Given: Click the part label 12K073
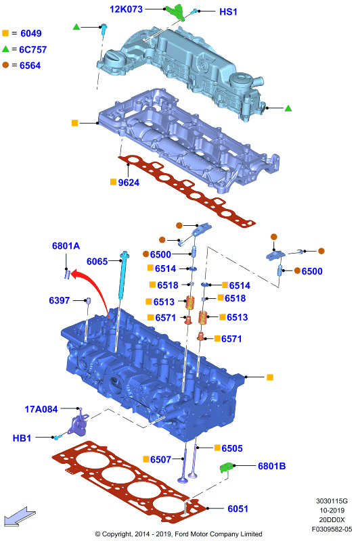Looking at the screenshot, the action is [126, 9].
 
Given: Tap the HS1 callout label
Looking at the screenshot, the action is [228, 11].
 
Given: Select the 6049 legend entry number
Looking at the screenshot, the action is [31, 33].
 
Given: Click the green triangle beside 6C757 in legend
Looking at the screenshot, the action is [5, 49].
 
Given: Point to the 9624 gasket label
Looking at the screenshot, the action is [129, 183].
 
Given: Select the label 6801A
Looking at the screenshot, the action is [66, 245].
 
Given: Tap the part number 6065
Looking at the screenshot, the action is [97, 262].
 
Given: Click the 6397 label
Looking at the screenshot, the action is [60, 300].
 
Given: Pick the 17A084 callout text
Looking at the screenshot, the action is [41, 409].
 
